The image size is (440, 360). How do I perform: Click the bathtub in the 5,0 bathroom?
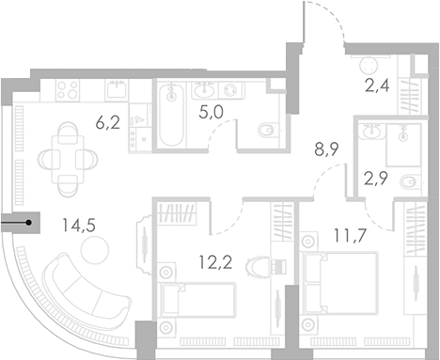pyautogui.click(x=170, y=116)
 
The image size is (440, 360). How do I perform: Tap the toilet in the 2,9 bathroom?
pyautogui.click(x=408, y=181)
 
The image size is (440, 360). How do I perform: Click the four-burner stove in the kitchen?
pyautogui.click(x=67, y=90)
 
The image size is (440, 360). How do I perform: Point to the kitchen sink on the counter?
pyautogui.click(x=118, y=89)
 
